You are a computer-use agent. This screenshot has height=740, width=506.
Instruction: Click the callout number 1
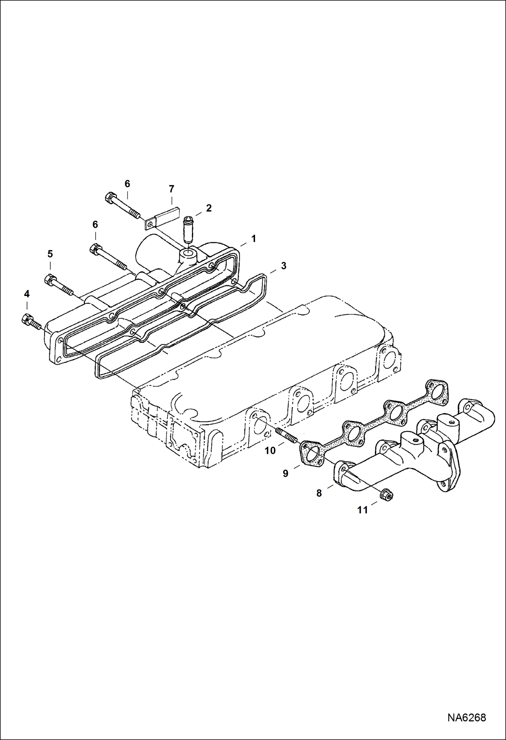pyautogui.click(x=253, y=239)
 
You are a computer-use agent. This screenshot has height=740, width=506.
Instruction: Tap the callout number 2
pyautogui.click(x=209, y=208)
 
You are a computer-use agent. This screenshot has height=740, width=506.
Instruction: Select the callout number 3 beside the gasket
pyautogui.click(x=283, y=266)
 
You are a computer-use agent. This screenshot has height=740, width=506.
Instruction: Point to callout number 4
pyautogui.click(x=27, y=294)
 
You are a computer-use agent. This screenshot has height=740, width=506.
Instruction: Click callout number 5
pyautogui.click(x=50, y=253)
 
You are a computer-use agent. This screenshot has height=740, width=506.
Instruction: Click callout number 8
pyautogui.click(x=319, y=493)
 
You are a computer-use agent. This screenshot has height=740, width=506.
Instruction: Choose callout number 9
pyautogui.click(x=285, y=473)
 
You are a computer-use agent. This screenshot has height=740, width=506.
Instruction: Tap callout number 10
pyautogui.click(x=270, y=450)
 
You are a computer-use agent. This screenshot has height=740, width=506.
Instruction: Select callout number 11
pyautogui.click(x=362, y=510)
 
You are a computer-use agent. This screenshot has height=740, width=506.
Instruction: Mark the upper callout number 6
pyautogui.click(x=127, y=184)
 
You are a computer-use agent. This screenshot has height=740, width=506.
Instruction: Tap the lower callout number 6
pyautogui.click(x=95, y=224)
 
